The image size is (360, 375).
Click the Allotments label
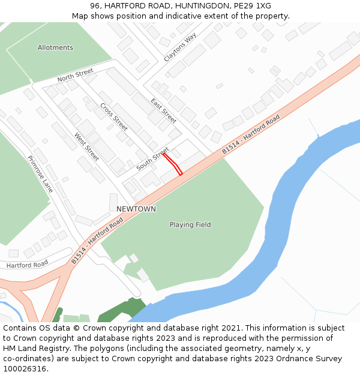click(x=55, y=48)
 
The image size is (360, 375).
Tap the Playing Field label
click(x=190, y=225)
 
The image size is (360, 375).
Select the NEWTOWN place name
click(x=136, y=209)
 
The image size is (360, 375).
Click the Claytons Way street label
click(x=180, y=47)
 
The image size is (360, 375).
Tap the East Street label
click(x=163, y=111)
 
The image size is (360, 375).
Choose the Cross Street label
click(x=114, y=118)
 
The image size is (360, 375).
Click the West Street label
click(x=87, y=147)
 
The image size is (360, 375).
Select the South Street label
click(x=152, y=160)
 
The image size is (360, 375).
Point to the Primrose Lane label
click(x=40, y=174)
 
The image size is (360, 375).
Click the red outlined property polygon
click(x=173, y=164)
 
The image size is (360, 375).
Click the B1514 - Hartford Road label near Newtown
click(x=97, y=241)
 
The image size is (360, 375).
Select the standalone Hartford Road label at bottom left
click(x=27, y=264)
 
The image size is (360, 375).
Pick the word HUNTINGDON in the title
click(x=198, y=6)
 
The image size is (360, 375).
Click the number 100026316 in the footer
click(x=24, y=369)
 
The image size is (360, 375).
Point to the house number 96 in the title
click(x=95, y=6)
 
